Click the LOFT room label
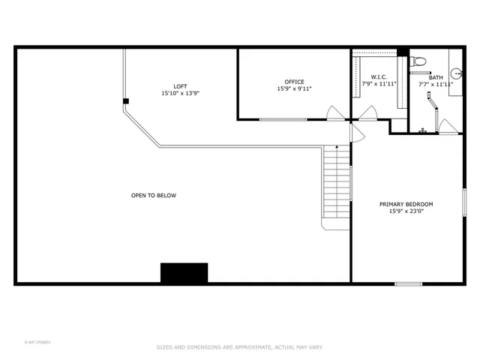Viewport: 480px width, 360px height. (180, 86)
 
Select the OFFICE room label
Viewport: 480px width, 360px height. (294, 82)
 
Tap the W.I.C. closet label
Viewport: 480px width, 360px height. (379, 77)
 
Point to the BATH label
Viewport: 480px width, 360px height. (436, 77)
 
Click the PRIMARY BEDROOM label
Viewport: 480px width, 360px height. (406, 204)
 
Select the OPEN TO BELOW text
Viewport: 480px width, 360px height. (154, 196)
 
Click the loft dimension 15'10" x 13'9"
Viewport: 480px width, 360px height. (180, 94)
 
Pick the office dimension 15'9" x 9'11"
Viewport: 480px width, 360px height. (294, 89)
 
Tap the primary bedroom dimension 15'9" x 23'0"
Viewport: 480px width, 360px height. (406, 211)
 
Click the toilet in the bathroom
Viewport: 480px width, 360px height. (419, 61)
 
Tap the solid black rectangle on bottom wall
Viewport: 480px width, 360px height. (184, 273)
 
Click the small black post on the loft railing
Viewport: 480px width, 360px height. (126, 100)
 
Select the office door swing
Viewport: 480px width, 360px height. (335, 113)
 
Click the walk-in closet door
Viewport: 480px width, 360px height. (367, 113)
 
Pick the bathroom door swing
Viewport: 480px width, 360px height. (447, 127)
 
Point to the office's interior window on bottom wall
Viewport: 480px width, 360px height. (282, 120)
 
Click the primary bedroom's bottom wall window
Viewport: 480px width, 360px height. (409, 283)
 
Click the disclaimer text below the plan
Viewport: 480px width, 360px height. (239, 347)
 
